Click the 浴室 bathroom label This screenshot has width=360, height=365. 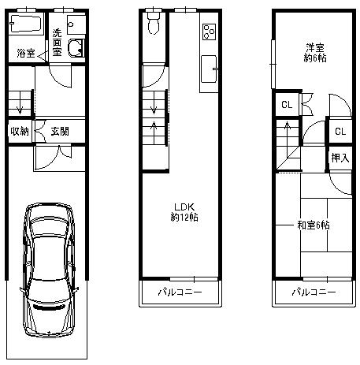[x=25, y=54]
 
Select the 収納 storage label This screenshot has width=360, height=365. [x=20, y=131]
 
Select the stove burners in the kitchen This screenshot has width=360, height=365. [x=209, y=32]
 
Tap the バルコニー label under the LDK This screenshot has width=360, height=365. [x=181, y=292]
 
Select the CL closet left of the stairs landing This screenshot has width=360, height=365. [x=284, y=104]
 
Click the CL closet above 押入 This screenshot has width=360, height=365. [x=339, y=131]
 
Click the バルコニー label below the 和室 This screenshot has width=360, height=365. [x=313, y=292]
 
